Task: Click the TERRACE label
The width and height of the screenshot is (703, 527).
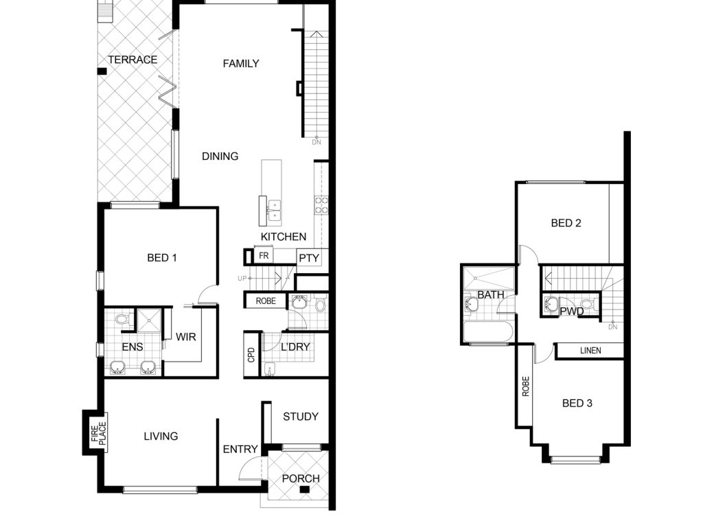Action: (132, 60)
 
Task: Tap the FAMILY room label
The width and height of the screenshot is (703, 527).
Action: (241, 64)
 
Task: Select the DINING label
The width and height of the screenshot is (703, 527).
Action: (220, 156)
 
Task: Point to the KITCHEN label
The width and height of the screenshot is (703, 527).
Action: (284, 237)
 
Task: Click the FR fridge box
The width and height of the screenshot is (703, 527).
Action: (264, 255)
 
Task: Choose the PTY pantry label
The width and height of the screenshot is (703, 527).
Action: (309, 258)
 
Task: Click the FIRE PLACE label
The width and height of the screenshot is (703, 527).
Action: (99, 434)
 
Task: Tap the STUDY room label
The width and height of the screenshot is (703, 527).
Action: (301, 417)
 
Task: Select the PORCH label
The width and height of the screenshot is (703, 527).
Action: (301, 478)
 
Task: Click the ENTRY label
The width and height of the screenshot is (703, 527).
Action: (240, 449)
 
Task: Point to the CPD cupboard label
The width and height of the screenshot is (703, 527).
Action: (251, 355)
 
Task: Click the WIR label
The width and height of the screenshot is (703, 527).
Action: (185, 337)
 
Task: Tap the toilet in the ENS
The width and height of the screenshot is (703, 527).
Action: (122, 320)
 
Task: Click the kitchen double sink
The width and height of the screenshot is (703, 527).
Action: (275, 211)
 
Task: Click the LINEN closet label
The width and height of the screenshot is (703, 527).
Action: (590, 351)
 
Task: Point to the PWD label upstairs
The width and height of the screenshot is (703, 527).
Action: (572, 311)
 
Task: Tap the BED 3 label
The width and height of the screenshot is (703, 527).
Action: (577, 403)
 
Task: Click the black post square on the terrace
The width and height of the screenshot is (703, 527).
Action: (102, 71)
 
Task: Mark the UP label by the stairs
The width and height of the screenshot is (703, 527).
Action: (242, 279)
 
